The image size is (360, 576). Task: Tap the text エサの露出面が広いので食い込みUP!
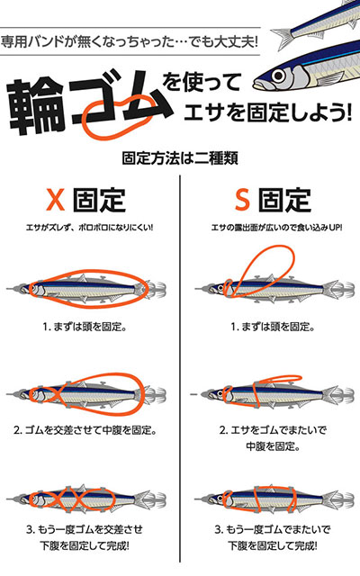(x=270, y=228)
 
